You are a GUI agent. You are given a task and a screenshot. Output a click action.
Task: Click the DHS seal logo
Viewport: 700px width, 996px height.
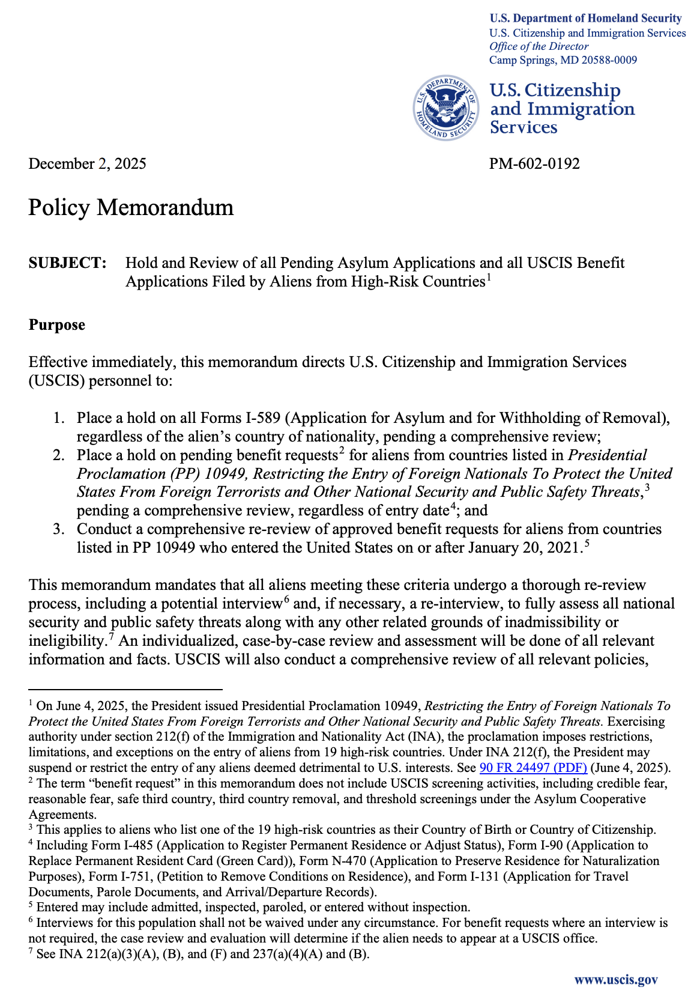click(445, 109)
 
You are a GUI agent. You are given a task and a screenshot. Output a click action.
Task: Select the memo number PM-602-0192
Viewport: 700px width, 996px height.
click(534, 163)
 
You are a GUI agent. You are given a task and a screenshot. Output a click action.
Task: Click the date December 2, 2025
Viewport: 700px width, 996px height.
click(87, 163)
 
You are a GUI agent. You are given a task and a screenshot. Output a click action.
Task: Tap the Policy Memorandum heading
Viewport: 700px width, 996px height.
click(131, 207)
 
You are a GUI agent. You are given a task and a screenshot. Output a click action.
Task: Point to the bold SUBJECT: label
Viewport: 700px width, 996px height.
click(68, 263)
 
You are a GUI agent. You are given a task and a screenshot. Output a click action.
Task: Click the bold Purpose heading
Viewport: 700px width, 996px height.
click(57, 325)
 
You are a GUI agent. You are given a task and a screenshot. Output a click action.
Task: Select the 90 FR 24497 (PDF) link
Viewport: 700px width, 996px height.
click(533, 768)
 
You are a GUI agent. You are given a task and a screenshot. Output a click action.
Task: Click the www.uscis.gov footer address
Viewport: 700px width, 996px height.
click(616, 980)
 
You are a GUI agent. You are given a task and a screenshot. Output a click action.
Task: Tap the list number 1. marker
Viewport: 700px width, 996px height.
click(58, 418)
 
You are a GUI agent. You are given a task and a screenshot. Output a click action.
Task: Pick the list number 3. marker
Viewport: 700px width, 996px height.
click(58, 529)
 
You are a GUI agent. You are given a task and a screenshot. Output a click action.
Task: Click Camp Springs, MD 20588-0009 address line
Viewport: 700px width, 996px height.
click(563, 60)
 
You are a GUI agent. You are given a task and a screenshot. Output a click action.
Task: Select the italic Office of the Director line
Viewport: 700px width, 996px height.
click(539, 47)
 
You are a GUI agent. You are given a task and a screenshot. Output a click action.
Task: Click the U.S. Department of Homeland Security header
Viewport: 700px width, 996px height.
click(585, 19)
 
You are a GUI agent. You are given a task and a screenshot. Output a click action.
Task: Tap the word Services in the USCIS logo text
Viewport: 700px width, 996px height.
click(523, 127)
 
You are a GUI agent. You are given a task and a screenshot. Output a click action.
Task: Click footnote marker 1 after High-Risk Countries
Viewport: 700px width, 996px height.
click(489, 277)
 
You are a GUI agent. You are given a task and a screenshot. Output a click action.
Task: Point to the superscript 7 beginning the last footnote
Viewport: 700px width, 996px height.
click(31, 952)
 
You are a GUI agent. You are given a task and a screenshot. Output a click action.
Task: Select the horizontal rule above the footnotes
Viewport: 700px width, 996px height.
click(125, 690)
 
